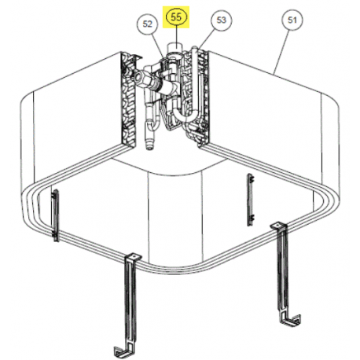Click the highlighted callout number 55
click(176, 17)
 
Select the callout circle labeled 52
click(147, 24)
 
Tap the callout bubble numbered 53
click(222, 20)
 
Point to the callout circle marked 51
click(292, 20)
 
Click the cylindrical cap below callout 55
click(175, 48)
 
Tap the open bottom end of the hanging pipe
click(149, 146)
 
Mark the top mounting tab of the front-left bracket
click(134, 256)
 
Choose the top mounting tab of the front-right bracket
click(279, 225)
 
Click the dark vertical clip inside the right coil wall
click(250, 199)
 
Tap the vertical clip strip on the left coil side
click(55, 215)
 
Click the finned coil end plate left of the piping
click(129, 99)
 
